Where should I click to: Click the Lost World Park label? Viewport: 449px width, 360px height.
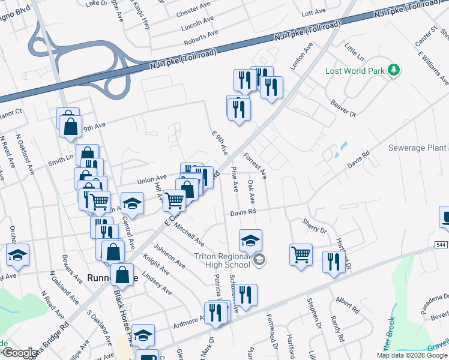[355, 71]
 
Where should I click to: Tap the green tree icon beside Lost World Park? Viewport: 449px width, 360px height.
[394, 71]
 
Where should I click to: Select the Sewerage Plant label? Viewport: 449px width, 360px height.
[417, 148]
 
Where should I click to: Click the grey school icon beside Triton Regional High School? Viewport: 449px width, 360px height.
[259, 260]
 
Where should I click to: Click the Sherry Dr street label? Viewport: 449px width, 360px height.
[315, 225]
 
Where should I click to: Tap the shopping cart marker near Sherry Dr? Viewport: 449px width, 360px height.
[301, 254]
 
